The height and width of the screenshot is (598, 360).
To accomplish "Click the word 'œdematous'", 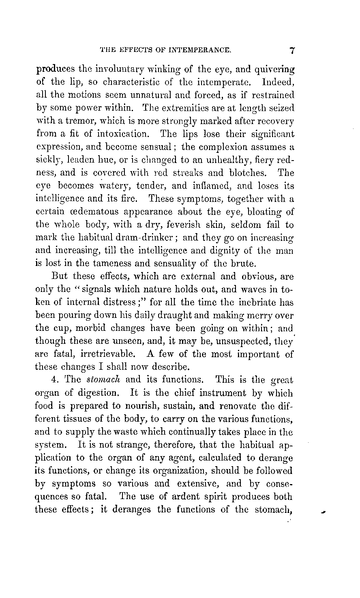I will click(84, 212).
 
